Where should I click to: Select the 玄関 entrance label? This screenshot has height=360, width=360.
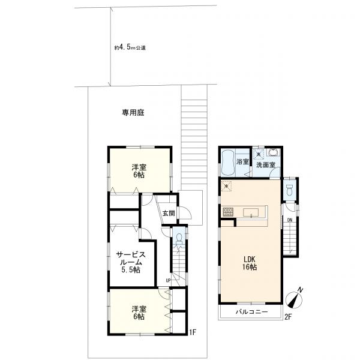(169, 213)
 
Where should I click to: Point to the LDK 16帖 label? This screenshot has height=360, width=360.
(250, 262)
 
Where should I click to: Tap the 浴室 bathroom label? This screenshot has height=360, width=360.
(242, 162)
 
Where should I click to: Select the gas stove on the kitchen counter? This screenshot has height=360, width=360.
(228, 212)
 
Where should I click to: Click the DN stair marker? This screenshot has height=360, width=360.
(289, 220)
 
